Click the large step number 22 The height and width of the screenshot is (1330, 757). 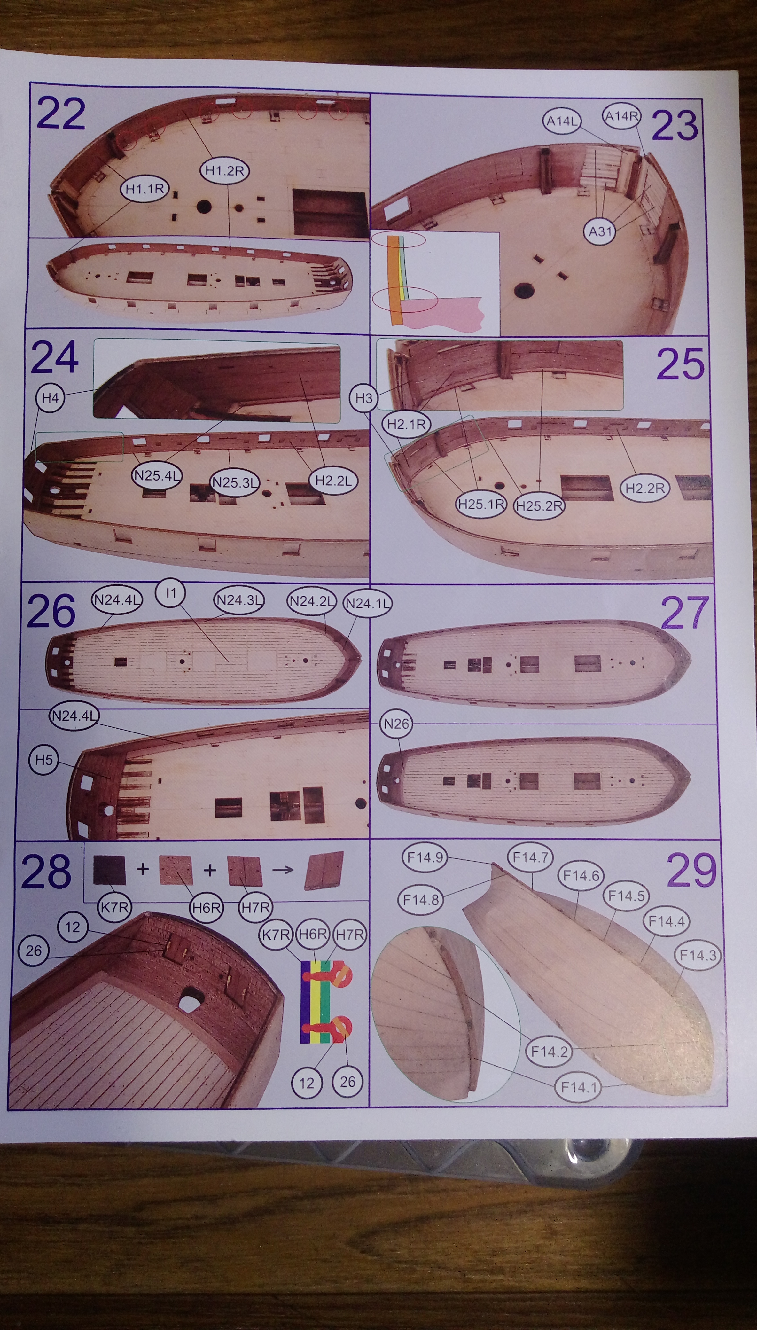[x=61, y=114]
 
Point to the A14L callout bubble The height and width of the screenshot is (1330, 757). [x=562, y=121]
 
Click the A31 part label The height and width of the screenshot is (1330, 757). [x=600, y=231]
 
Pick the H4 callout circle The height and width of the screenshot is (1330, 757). [x=51, y=398]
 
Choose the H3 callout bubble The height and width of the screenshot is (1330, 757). [x=364, y=398]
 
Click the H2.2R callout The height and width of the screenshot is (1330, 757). [x=645, y=488]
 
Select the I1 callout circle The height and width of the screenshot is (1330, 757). [x=171, y=593]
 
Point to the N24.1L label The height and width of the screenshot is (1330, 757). [x=368, y=603]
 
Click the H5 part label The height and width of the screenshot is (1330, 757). [x=44, y=760]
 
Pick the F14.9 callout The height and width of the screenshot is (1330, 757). [x=425, y=857]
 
